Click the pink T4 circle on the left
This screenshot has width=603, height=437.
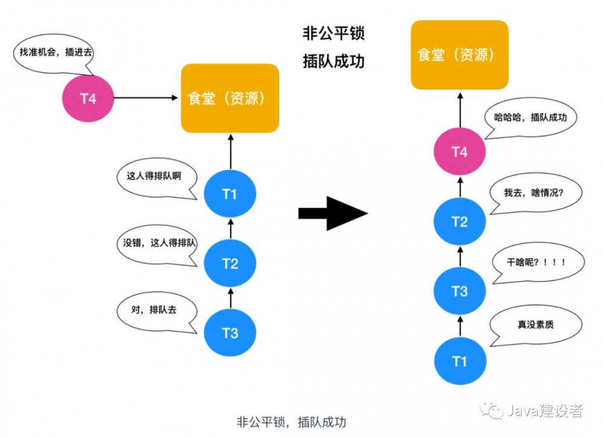(88, 98)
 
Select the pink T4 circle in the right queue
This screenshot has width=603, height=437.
(459, 152)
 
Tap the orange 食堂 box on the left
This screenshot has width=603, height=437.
(230, 98)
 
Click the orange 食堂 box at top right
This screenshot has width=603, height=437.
(459, 55)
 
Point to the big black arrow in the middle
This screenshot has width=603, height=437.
(333, 213)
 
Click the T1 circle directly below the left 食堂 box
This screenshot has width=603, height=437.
(230, 194)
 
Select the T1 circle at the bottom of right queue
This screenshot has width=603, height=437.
(459, 361)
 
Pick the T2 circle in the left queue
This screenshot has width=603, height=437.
(230, 263)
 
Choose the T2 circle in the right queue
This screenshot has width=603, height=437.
(459, 222)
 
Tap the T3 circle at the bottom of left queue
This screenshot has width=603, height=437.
(230, 333)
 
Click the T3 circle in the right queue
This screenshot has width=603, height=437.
(459, 292)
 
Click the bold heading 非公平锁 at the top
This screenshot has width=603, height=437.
(333, 34)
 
